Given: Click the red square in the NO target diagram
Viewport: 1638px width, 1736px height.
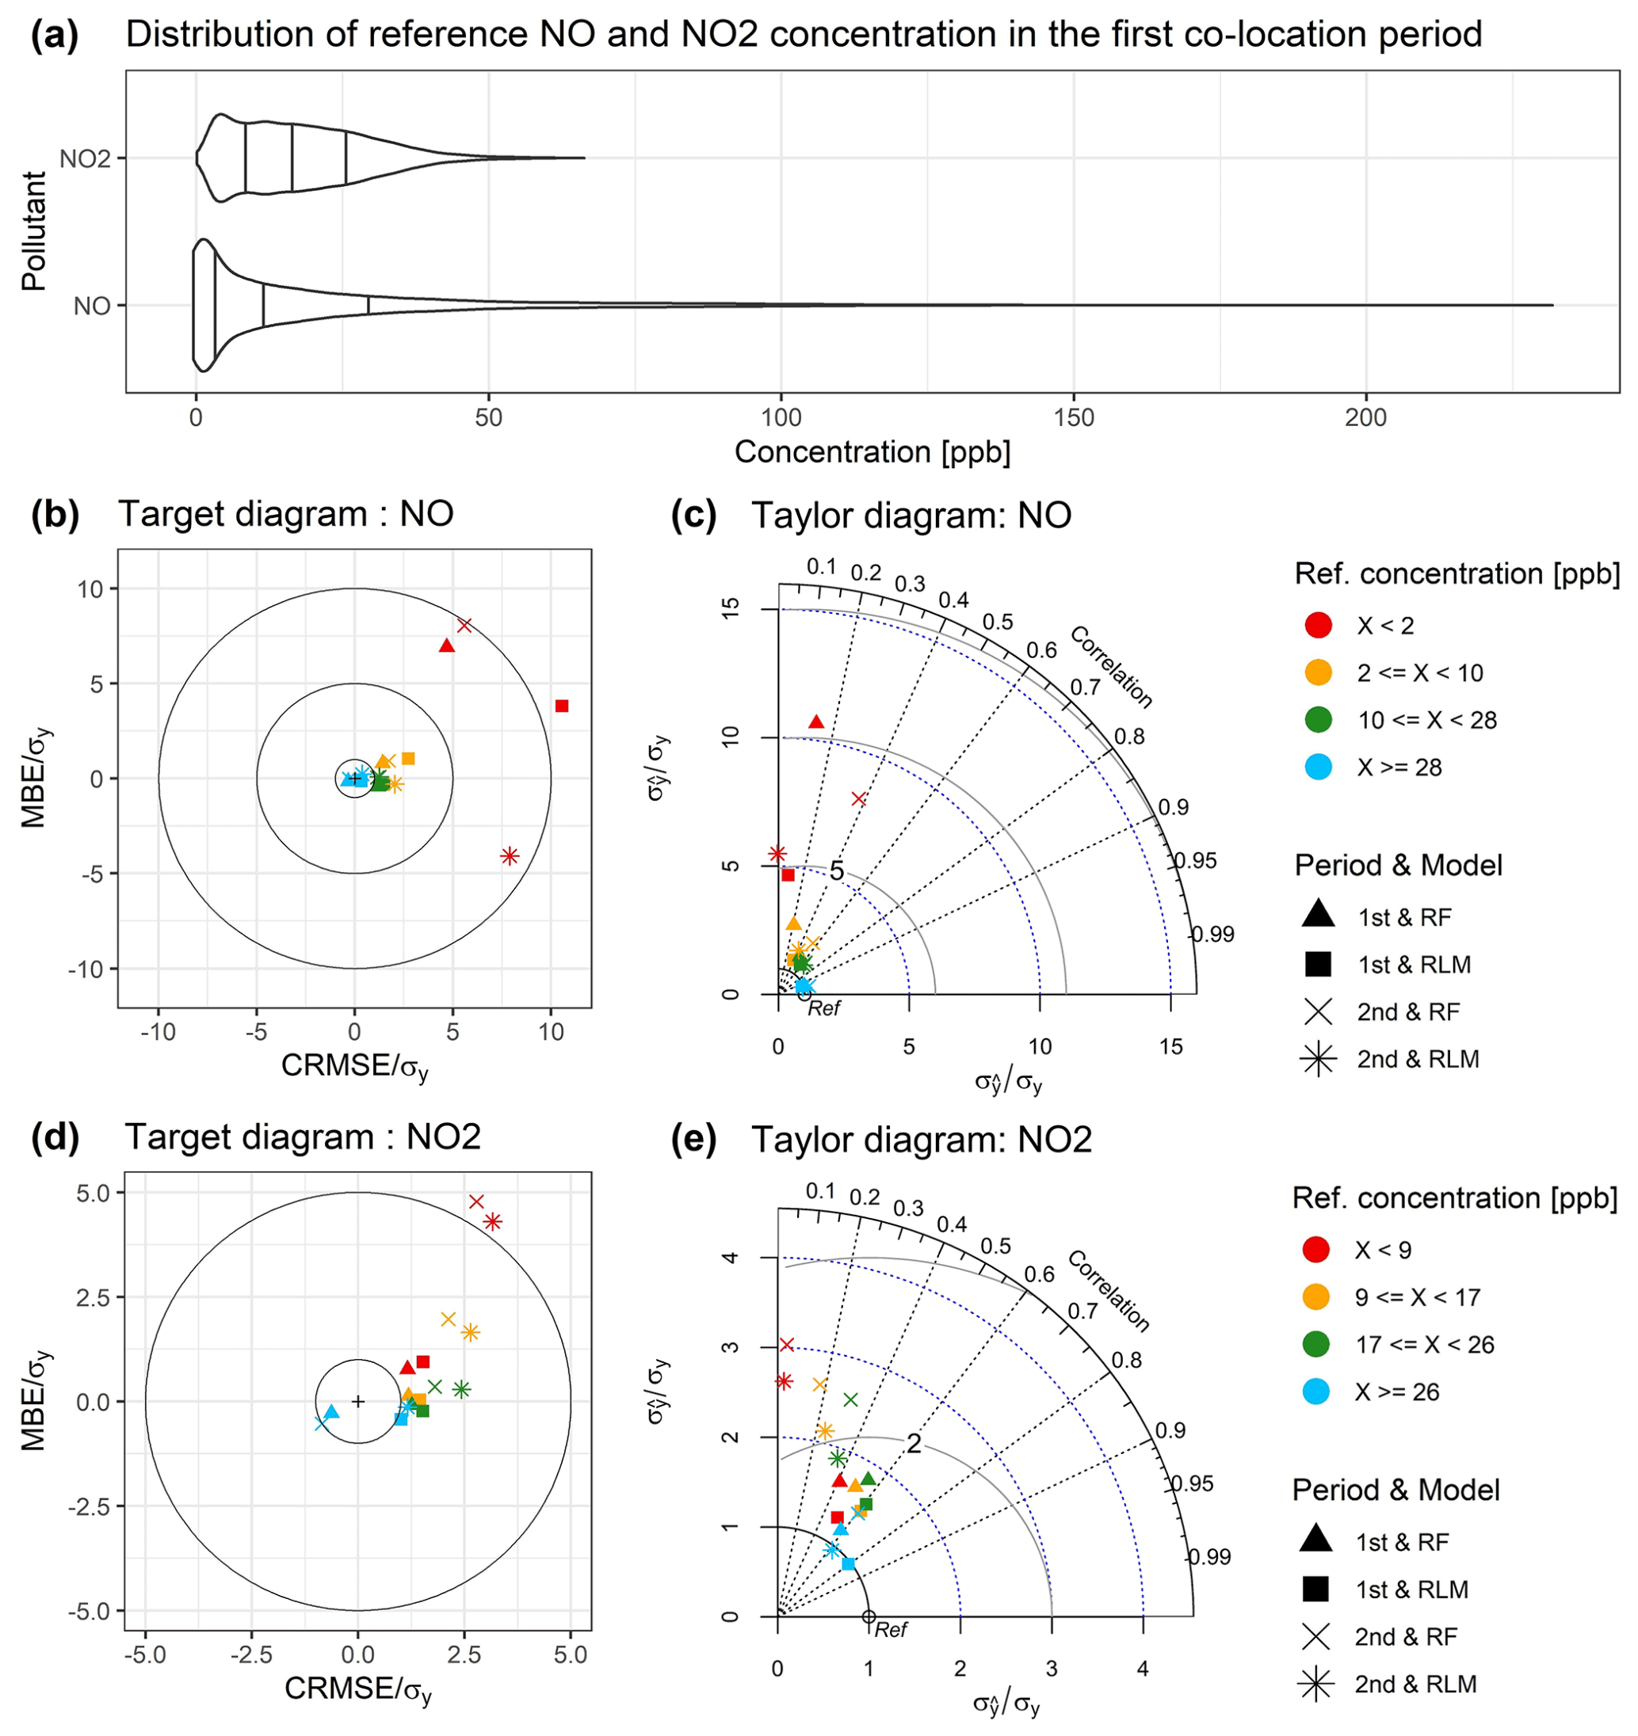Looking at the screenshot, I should [x=562, y=706].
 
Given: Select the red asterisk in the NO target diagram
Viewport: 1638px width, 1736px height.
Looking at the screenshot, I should [x=510, y=856].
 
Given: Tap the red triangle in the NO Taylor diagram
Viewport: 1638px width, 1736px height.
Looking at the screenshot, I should [x=816, y=721].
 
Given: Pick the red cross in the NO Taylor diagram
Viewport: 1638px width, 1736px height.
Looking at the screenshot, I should [x=859, y=799].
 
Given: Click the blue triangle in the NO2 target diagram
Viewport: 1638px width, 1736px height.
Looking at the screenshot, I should [x=331, y=1412].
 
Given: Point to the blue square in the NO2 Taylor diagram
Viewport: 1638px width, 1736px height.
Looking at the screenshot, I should [x=847, y=1563].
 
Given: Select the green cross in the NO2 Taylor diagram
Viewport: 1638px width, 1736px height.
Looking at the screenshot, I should [x=850, y=1399].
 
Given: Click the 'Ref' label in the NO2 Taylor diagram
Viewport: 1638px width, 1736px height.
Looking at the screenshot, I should [x=891, y=1629].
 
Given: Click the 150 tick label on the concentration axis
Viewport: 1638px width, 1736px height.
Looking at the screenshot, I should [x=1074, y=418].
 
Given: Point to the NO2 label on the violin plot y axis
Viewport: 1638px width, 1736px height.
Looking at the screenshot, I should [x=86, y=159].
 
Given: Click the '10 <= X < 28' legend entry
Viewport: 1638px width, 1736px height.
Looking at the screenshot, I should [x=1426, y=721].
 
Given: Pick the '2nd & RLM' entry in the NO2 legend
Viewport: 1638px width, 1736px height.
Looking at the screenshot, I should [x=1415, y=1684].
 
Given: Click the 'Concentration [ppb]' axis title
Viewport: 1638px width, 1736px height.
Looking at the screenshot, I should [x=872, y=452].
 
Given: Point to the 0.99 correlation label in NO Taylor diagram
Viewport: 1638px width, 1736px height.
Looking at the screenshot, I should [x=1213, y=935].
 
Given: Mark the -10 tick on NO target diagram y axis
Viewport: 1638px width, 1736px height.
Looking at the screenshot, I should [x=85, y=969].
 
